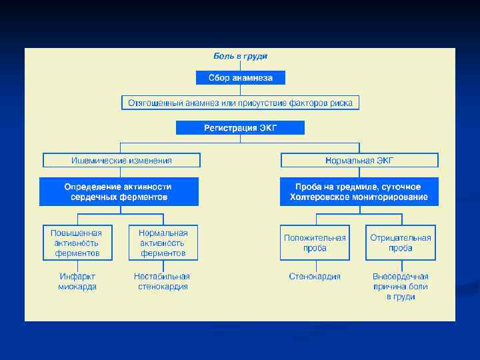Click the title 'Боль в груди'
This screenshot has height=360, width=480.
(x=240, y=57)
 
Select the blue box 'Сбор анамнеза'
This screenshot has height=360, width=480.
(x=240, y=78)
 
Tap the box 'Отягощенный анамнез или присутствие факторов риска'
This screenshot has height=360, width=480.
(x=240, y=103)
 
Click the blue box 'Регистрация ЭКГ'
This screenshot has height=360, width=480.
(x=240, y=127)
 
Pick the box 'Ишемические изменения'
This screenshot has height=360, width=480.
(x=121, y=160)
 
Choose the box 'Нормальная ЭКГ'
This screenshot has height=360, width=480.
(x=359, y=160)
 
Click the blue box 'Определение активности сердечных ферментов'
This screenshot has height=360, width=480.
(x=119, y=192)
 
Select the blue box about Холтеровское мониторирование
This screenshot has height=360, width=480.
(x=359, y=192)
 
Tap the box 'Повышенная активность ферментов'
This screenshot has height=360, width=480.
(x=77, y=243)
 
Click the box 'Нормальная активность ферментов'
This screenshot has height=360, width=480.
(x=163, y=243)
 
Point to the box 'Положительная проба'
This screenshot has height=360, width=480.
(x=315, y=243)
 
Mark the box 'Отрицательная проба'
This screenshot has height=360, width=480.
(x=400, y=243)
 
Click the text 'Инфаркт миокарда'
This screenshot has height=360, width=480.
(x=77, y=281)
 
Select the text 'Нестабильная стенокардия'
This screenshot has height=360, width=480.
(x=162, y=281)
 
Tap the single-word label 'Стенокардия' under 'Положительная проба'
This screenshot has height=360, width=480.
(x=315, y=276)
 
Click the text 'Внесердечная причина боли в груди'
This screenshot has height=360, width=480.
(x=400, y=286)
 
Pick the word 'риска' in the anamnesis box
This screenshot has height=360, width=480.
(x=343, y=103)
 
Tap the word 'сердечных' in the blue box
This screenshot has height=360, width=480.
(x=92, y=197)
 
